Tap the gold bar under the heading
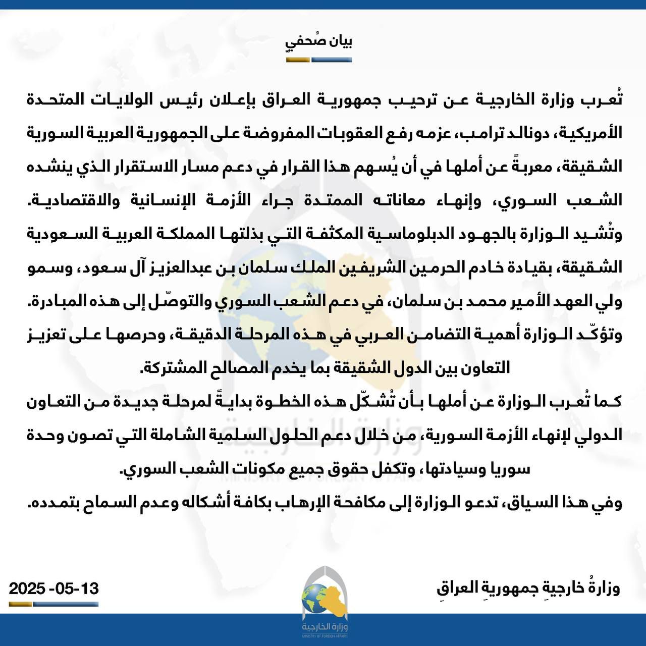298,60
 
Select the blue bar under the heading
332,60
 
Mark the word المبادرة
63,301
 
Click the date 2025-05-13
54,588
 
